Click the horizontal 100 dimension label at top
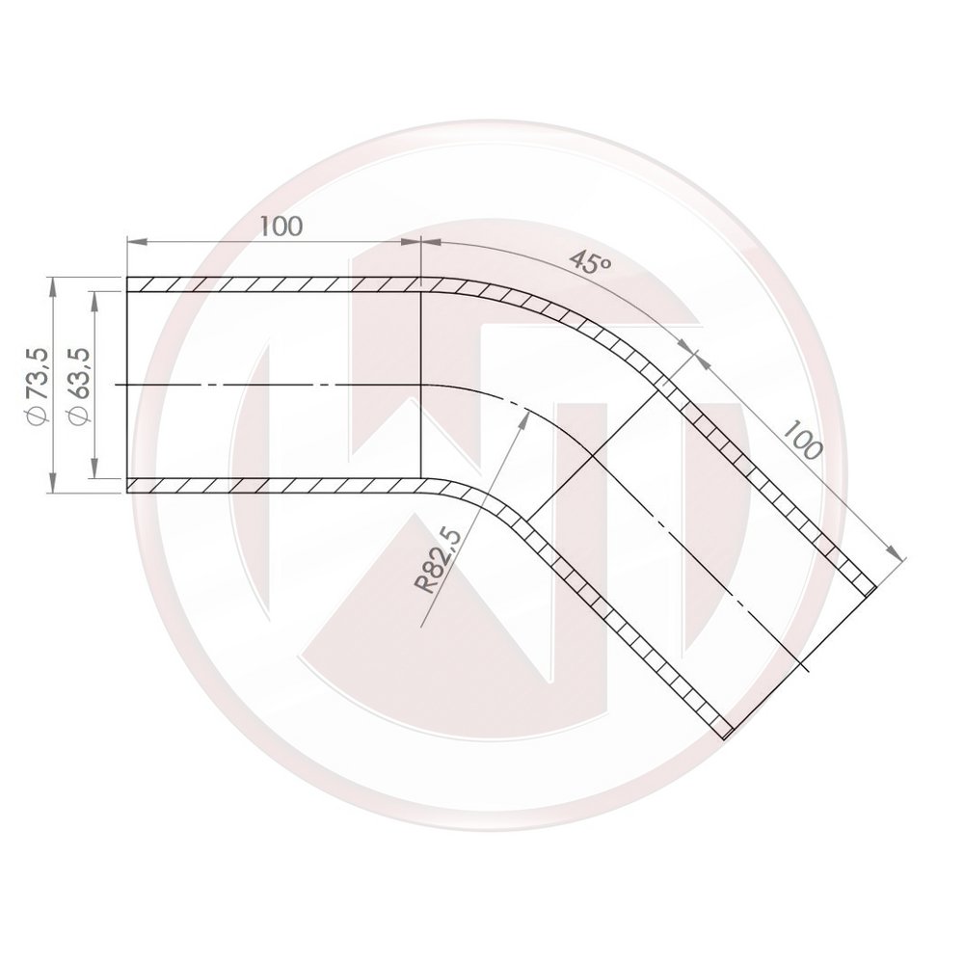281,226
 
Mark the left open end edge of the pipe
127,386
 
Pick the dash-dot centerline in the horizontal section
270,386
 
